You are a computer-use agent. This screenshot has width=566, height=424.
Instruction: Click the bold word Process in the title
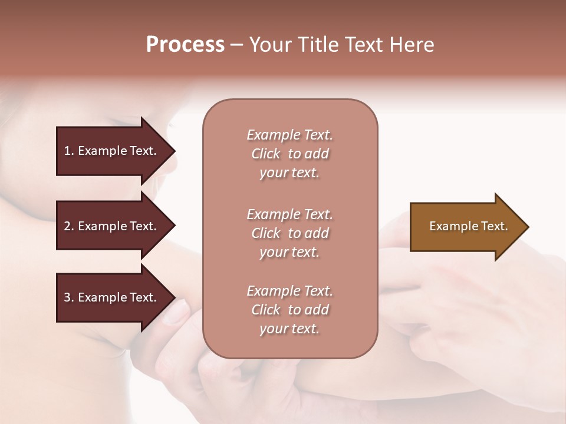185,45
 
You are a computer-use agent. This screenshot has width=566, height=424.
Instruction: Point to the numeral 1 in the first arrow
67,151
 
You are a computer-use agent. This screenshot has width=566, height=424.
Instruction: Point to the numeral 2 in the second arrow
67,226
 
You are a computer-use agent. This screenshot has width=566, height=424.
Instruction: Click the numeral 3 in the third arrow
67,298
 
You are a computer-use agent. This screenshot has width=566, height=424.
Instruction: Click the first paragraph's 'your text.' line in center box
289,173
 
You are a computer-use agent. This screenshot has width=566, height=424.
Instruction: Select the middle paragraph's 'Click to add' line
289,233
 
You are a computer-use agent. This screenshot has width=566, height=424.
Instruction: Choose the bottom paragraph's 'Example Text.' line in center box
289,291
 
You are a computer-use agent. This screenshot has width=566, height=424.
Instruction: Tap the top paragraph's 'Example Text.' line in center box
289,135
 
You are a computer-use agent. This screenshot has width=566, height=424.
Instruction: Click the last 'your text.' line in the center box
289,329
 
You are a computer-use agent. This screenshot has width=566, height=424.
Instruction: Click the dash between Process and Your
236,45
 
